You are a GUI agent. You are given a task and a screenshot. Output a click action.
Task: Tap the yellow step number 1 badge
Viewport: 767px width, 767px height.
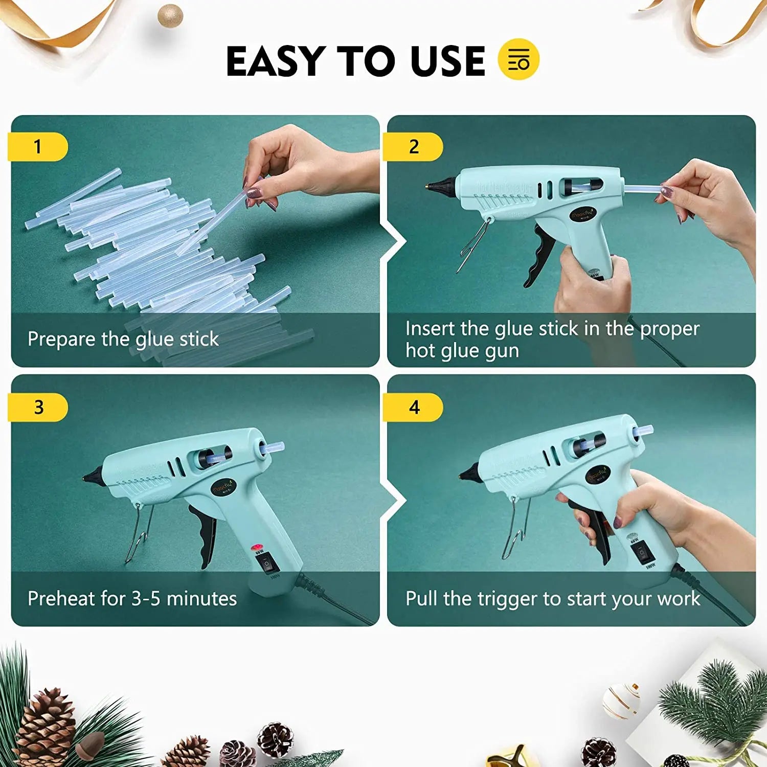(38, 147)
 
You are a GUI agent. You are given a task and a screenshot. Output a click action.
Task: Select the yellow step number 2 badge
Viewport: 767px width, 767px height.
(413, 147)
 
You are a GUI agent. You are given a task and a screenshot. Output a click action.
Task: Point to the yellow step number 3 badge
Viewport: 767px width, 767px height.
(38, 407)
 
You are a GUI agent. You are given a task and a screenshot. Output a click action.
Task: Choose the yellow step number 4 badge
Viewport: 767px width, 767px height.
(414, 407)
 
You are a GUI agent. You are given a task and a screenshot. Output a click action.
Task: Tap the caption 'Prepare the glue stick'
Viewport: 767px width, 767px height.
(123, 339)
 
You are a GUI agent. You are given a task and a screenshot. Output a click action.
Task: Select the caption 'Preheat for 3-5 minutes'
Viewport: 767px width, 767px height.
(132, 598)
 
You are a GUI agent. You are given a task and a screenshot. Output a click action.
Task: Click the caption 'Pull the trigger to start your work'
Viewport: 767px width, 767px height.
(552, 598)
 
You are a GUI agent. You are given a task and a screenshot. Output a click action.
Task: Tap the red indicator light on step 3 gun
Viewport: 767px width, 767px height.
(257, 548)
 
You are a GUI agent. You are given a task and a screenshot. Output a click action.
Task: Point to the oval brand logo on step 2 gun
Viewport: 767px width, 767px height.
(583, 213)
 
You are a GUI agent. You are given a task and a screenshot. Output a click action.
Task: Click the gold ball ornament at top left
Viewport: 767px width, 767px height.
(170, 15)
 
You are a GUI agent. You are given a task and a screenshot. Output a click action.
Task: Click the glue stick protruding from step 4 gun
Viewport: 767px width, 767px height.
(643, 432)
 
